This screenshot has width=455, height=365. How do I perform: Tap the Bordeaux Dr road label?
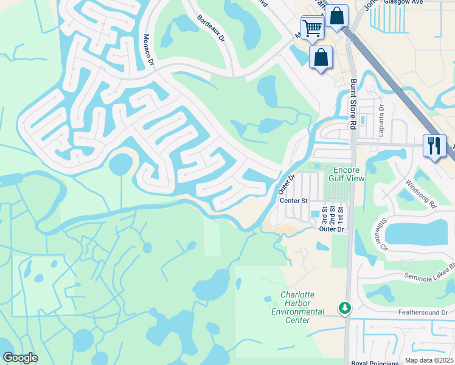click(x=211, y=28)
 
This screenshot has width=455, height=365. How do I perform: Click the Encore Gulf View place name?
click(x=347, y=175)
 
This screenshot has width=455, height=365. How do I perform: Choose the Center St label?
click(x=294, y=200)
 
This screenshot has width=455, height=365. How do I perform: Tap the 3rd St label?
click(x=324, y=217)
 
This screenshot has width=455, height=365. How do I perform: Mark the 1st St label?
click(x=341, y=217)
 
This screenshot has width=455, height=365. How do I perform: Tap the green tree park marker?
click(x=345, y=308)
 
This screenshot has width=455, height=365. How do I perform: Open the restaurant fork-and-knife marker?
click(x=434, y=146)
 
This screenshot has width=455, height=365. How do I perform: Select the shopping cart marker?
click(x=312, y=27)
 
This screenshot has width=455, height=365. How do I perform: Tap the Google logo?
click(x=20, y=358)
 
